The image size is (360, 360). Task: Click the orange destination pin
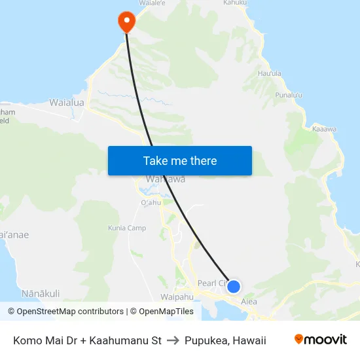pyautogui.click(x=126, y=22)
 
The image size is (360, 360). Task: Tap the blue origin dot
pyautogui.click(x=233, y=287)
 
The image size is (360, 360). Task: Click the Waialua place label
pyautogui.click(x=67, y=103)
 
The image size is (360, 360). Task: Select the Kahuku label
pyautogui.click(x=235, y=3)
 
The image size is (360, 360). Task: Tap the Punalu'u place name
pyautogui.click(x=289, y=96)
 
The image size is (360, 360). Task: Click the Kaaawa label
pyautogui.click(x=324, y=129)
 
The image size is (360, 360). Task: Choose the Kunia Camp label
pyautogui.click(x=127, y=228)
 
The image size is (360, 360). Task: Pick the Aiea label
pyautogui.click(x=249, y=302)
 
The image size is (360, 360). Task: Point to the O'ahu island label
pyautogui.click(x=151, y=203)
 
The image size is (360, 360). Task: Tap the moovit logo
pyautogui.click(x=321, y=340)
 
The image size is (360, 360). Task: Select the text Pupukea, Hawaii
pyautogui.click(x=225, y=340)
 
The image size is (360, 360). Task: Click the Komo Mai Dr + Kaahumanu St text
pyautogui.click(x=87, y=340)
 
